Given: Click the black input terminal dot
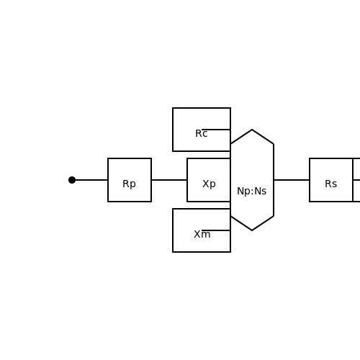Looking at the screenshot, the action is pyautogui.click(x=72, y=180).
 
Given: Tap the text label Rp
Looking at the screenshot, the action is pyautogui.click(x=129, y=184).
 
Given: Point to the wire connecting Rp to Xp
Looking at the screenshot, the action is pyautogui.click(x=169, y=180).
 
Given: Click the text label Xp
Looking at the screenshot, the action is pyautogui.click(x=209, y=184).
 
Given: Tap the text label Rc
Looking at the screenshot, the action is pyautogui.click(x=202, y=134).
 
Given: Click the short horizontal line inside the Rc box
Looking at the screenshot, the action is pyautogui.click(x=216, y=130).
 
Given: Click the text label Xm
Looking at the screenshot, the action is pyautogui.click(x=202, y=234).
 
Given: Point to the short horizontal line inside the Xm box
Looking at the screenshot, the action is pyautogui.click(x=216, y=230).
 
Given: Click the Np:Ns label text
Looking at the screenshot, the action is pyautogui.click(x=252, y=192).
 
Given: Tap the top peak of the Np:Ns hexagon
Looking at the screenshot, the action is pyautogui.click(x=252, y=130).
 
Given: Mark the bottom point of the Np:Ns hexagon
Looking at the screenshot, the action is pyautogui.click(x=252, y=230).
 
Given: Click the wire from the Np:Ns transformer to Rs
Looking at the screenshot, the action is pyautogui.click(x=292, y=180).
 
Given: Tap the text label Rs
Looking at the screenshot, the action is pyautogui.click(x=331, y=184).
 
